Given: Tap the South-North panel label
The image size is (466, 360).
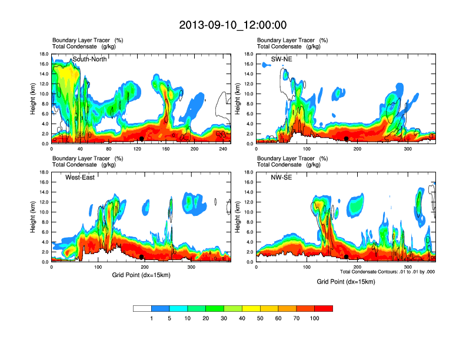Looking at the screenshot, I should (89, 59).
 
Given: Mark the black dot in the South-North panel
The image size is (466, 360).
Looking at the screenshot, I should (142, 139).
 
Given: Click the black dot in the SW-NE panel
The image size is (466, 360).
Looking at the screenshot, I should (347, 139).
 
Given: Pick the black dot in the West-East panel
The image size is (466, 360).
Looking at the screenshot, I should (142, 257).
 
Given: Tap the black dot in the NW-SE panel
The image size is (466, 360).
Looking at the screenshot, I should (347, 257).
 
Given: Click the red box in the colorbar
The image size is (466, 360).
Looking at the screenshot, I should (324, 308).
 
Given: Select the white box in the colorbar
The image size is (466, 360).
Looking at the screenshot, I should (142, 308).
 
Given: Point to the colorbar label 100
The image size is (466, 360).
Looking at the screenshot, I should (315, 318).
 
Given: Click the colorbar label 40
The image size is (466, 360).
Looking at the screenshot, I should (242, 318).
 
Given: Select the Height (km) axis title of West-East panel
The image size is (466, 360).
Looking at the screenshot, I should (34, 217).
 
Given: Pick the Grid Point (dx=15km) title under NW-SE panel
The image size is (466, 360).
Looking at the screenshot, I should (345, 282).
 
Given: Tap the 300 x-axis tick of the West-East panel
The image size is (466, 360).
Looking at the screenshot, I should (191, 267).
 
